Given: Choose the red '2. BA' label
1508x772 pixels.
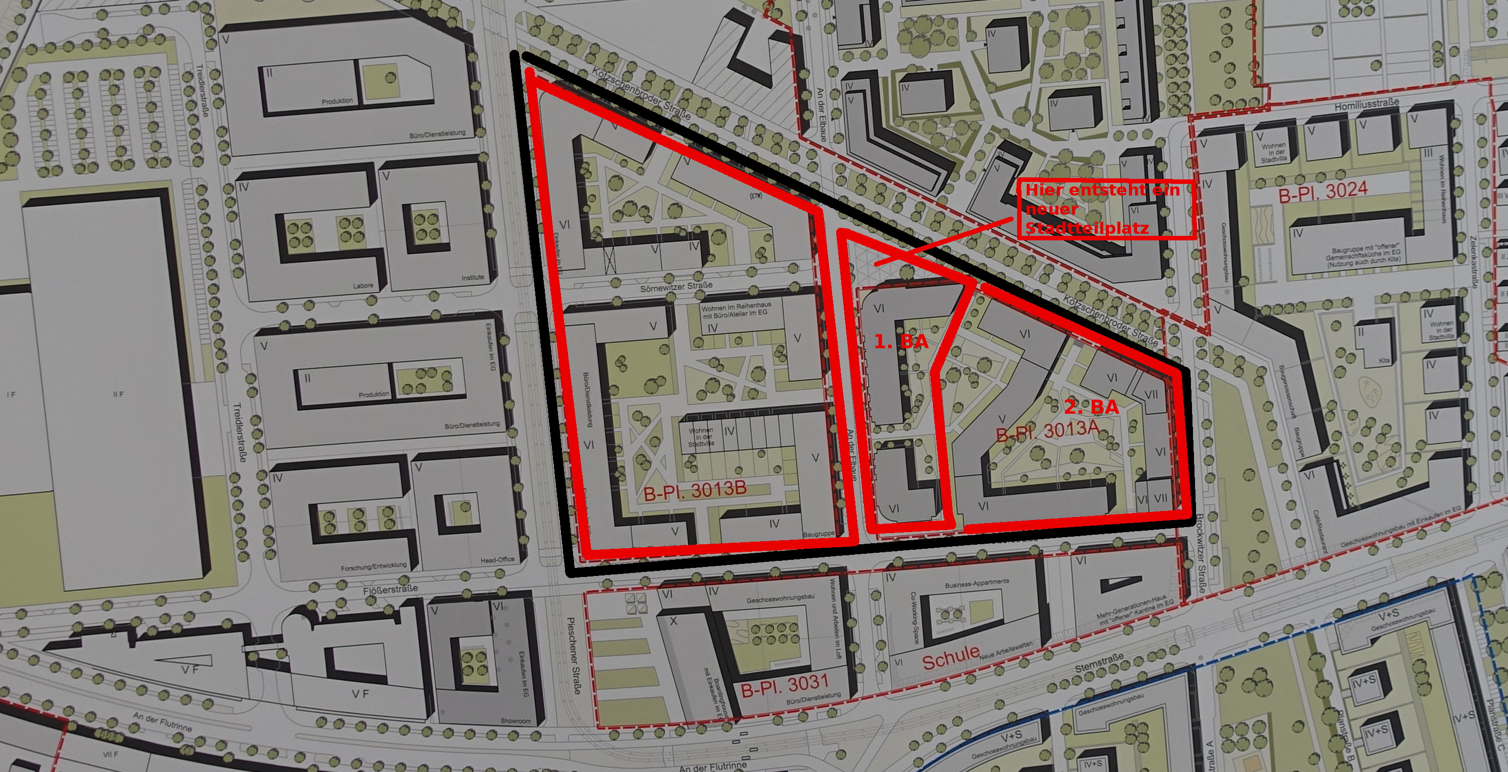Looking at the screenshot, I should pos(1091,407).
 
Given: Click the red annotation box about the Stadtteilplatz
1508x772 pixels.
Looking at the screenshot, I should pos(1106,210).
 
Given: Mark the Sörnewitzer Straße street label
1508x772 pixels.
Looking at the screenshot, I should pos(677,287).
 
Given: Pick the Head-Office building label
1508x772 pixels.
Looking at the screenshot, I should pos(497,559).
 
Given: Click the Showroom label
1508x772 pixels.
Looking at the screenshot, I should pos(515,721).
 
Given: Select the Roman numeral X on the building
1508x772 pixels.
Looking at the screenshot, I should pos(673,621).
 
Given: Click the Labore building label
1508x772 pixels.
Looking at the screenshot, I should pos(363,286).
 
